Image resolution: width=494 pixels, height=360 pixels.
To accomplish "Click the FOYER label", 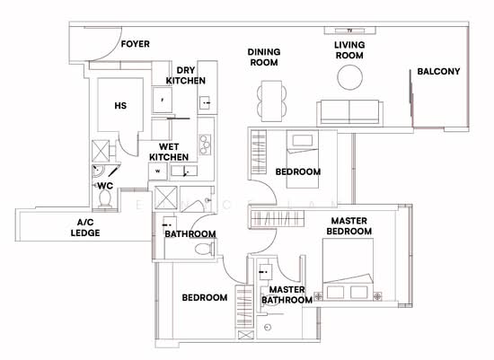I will (136, 44).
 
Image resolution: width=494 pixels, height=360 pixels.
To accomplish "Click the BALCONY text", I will (438, 72).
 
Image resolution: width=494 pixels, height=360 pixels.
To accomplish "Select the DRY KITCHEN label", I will (186, 75).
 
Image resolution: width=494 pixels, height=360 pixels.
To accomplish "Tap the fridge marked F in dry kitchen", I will (162, 101).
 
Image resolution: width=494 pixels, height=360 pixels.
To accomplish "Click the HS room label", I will (119, 106).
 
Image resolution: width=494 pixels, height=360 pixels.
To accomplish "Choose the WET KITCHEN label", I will (173, 152).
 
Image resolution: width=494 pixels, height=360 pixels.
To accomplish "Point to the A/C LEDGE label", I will (87, 227).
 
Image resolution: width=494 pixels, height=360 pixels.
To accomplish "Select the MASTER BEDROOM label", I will (351, 226).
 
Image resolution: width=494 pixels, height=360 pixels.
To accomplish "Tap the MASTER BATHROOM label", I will (287, 295).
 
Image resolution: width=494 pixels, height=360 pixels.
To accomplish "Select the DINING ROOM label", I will (264, 57).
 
